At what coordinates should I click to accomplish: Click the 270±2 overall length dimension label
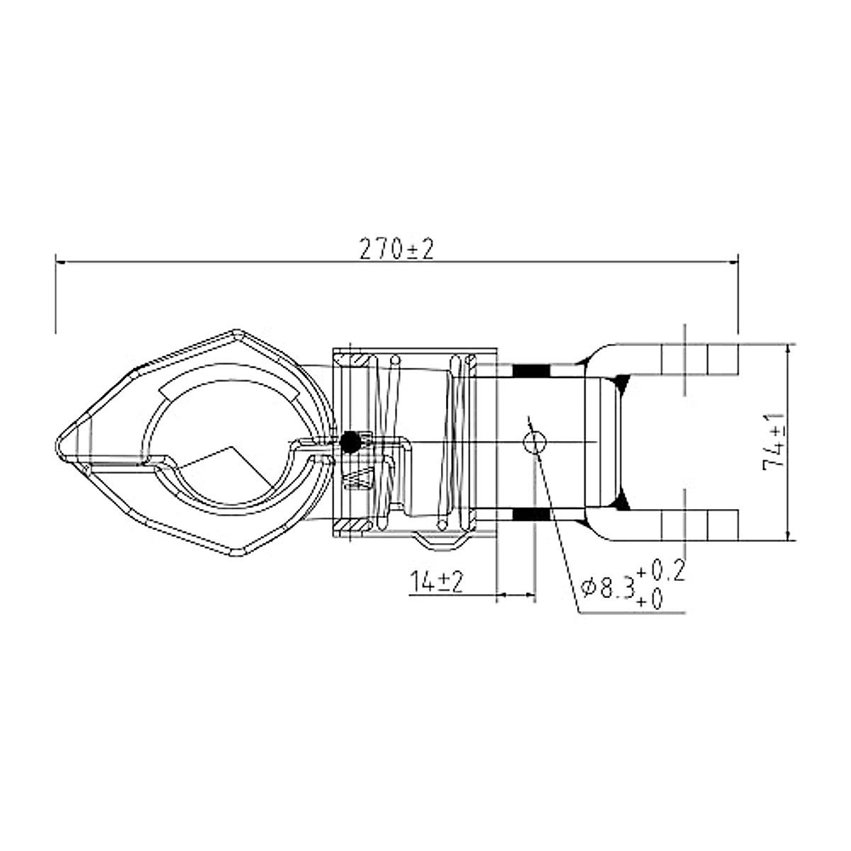[396, 249]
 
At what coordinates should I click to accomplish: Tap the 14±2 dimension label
[437, 582]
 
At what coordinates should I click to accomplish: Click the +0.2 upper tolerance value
[661, 572]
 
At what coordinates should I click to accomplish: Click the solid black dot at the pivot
[350, 442]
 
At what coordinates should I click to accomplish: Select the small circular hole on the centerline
[535, 442]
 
